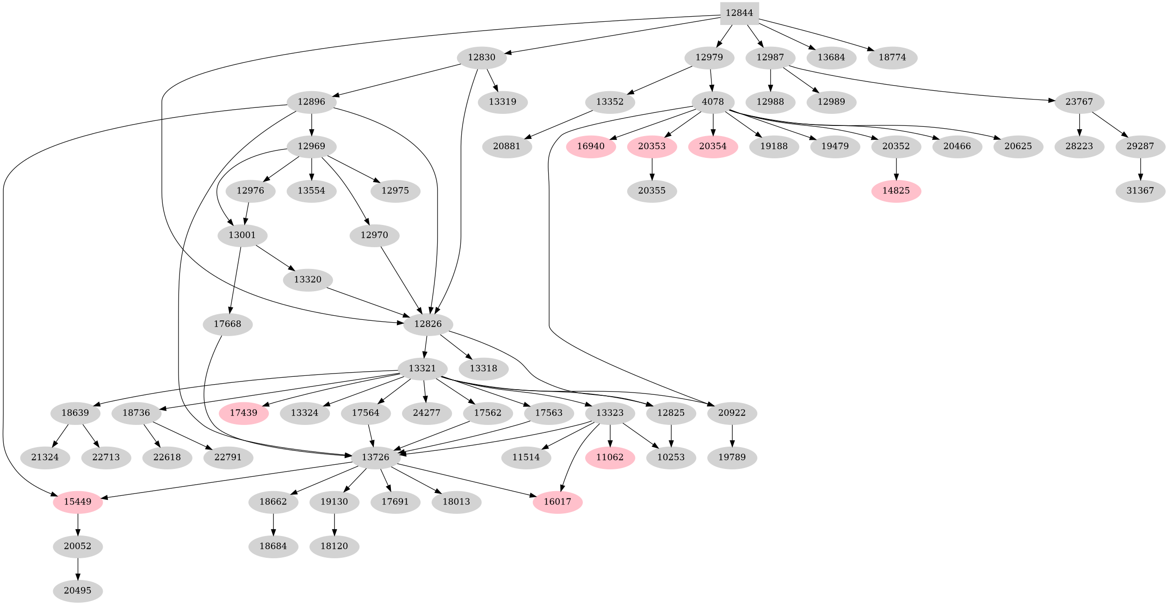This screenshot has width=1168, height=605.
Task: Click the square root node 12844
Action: [x=739, y=13]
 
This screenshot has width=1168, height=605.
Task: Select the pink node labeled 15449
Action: [x=78, y=502]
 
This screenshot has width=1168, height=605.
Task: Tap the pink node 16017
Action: [x=557, y=502]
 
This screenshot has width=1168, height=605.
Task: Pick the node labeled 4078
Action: [x=713, y=102]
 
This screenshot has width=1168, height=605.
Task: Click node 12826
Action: [x=428, y=324]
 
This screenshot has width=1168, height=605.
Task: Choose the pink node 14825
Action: [x=896, y=191]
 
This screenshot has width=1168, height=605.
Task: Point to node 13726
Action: [x=376, y=457]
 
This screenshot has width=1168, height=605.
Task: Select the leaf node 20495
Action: [x=78, y=591]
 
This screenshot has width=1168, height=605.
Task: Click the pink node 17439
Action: [x=244, y=413]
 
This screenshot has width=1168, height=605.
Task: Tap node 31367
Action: [x=1140, y=191]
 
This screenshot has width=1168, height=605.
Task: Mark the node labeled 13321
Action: [x=422, y=368]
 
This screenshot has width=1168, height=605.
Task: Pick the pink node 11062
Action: [x=610, y=457]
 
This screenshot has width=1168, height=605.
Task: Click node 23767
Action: [x=1079, y=102]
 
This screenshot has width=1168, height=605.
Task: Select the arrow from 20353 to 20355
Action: [x=652, y=169]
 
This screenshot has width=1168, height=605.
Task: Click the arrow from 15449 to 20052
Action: [x=78, y=524]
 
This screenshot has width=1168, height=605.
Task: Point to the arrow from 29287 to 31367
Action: [x=1140, y=169]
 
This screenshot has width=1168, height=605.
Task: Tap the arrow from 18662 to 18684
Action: [x=273, y=524]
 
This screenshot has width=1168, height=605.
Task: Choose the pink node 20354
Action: [x=713, y=146]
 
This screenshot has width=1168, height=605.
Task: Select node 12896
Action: [x=311, y=102]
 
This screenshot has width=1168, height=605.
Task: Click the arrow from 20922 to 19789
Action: [x=732, y=436]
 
